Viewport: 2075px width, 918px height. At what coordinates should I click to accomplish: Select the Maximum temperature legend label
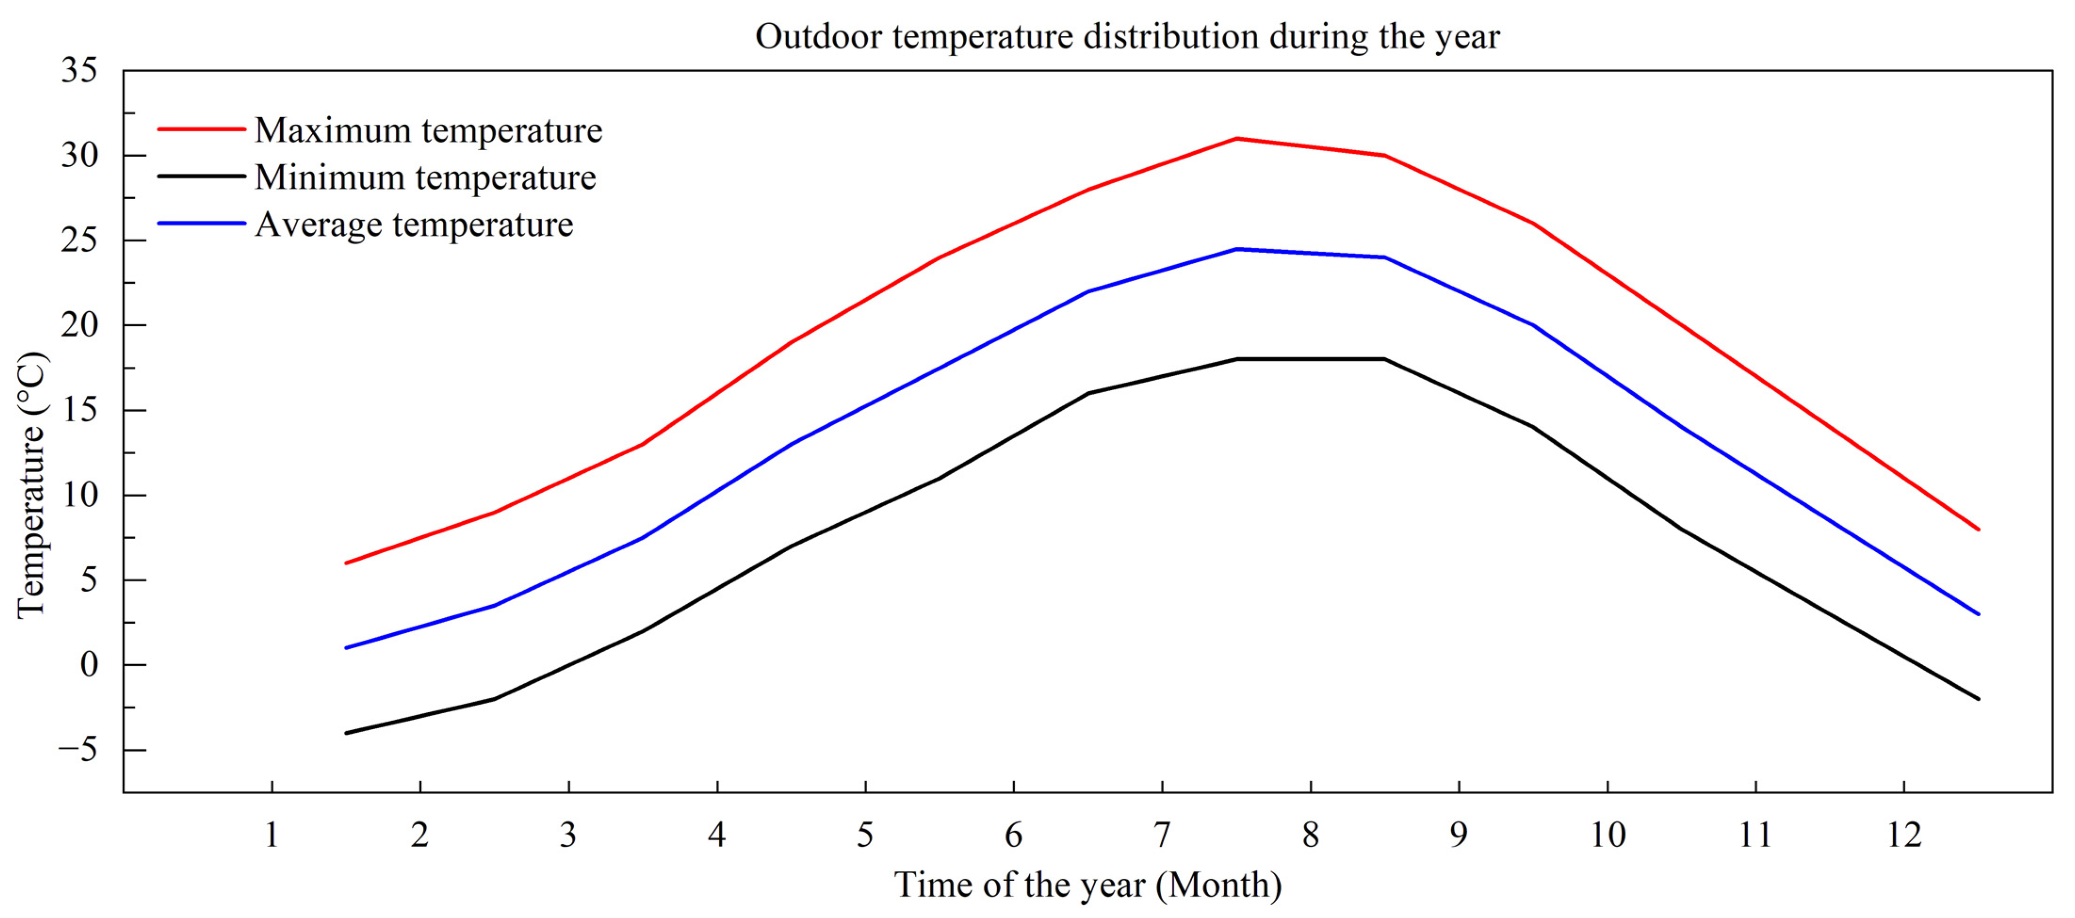click(429, 130)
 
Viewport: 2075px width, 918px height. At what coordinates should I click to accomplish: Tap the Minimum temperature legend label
click(425, 177)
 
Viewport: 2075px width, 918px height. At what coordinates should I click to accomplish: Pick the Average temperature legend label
click(414, 225)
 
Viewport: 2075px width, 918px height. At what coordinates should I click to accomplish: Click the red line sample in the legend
click(202, 129)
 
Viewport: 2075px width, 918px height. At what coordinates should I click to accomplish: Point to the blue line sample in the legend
click(202, 223)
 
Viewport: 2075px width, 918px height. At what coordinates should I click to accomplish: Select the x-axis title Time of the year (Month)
click(1088, 885)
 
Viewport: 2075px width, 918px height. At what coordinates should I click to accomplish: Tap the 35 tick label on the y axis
click(79, 71)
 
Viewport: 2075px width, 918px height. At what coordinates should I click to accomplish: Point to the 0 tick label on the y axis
click(90, 665)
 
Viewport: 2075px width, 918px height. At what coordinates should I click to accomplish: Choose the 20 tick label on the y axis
click(79, 325)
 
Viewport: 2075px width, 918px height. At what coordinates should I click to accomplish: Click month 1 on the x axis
click(272, 835)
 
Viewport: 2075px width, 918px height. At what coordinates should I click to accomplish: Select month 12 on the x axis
click(1904, 835)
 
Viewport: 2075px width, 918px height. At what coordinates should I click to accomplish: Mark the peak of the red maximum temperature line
click(1237, 138)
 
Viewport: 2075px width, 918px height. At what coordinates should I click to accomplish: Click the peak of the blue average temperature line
click(1237, 249)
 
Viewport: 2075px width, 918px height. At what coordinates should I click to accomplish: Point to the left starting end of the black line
click(346, 733)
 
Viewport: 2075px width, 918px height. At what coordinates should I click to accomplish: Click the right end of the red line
click(1978, 529)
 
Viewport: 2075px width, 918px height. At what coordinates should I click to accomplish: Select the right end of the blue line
click(1978, 614)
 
